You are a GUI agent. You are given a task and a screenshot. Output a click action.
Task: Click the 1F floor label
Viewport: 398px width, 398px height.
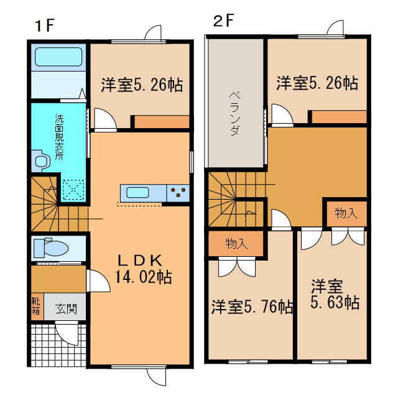coord(45,25)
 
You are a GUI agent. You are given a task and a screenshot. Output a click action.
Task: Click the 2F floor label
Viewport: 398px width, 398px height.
coord(223,21)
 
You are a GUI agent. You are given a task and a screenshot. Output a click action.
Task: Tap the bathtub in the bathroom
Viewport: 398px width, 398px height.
coord(58,57)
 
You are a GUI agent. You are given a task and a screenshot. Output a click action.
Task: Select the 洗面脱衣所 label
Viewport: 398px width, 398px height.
coord(59,137)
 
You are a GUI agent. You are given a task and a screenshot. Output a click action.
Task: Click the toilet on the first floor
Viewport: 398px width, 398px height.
coord(51,248)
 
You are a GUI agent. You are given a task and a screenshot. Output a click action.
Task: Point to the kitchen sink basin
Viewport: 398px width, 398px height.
coord(137,192)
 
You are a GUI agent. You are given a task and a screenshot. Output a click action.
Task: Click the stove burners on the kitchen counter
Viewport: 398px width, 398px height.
coord(178,192)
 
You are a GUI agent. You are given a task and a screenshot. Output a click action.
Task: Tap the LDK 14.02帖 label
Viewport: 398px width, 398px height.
coord(143,269)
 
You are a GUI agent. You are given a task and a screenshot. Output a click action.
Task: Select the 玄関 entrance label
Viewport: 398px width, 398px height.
coord(66,309)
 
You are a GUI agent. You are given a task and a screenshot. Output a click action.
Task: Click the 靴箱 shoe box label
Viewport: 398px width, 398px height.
coord(36,306)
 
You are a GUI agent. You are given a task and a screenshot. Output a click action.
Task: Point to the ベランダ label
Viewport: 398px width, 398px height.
coord(235,113)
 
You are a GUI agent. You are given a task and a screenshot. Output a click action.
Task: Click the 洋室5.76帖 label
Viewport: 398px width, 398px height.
coord(252,307)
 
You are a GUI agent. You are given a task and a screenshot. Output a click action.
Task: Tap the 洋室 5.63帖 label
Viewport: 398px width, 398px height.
coord(335,294)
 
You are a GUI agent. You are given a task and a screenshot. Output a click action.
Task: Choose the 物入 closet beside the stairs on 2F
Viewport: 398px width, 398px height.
coord(236,244)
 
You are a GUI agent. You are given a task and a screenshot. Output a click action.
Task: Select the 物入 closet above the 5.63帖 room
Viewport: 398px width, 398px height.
coord(346,213)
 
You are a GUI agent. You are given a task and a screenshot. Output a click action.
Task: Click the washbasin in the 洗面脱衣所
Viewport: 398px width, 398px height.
coord(40,160)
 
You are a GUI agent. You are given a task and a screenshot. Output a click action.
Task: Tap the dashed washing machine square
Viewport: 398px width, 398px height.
coord(73,189)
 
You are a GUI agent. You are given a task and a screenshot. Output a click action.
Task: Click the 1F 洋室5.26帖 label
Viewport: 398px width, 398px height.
coord(142,85)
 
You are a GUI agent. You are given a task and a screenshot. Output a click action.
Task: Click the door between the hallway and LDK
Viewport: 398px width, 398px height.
coord(98,280)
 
